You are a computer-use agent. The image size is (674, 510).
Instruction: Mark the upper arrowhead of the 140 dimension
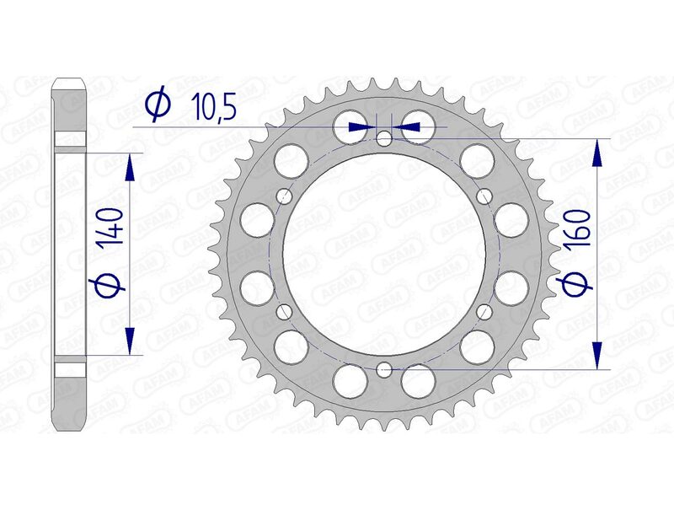coord(130,168)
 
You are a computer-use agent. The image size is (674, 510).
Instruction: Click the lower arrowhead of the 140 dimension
coord(130,341)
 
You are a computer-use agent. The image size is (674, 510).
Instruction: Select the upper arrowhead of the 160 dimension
coord(597,153)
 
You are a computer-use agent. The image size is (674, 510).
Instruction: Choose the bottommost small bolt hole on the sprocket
coord(384,368)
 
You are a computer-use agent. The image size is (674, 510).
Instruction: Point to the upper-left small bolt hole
coord(285,196)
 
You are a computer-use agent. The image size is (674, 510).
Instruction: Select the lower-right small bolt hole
coord(484,311)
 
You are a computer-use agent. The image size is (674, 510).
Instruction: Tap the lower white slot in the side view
coord(71,368)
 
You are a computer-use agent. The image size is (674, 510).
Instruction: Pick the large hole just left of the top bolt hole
coord(350,126)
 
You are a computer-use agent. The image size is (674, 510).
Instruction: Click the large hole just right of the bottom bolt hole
coord(417,380)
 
